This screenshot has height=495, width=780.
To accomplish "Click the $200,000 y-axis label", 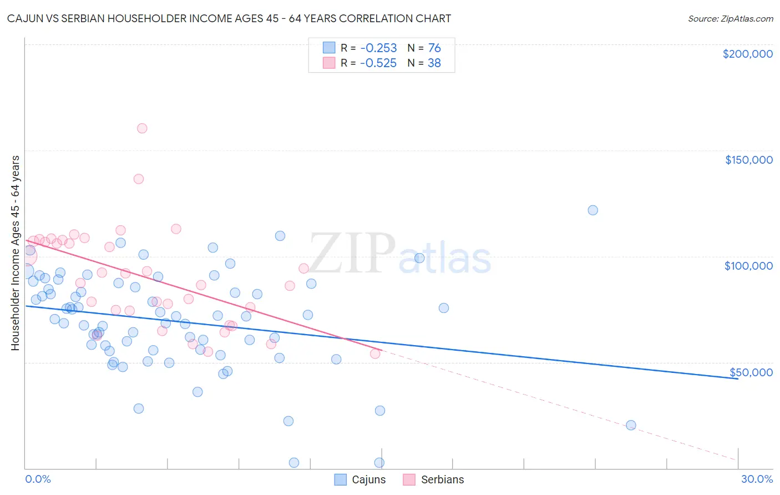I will (747, 54).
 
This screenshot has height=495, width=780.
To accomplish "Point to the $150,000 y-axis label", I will (748, 160).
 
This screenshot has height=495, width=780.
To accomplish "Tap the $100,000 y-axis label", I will (748, 266).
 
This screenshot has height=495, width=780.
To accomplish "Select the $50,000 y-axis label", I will (751, 372).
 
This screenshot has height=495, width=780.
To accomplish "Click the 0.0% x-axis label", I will (38, 479).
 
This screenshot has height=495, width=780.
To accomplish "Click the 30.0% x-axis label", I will (757, 479).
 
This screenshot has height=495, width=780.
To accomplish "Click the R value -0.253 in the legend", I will (378, 48).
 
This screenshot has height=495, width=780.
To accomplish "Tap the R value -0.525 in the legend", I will (378, 63).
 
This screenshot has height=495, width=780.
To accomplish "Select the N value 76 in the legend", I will (434, 48).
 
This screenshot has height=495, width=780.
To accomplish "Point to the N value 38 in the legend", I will (434, 63).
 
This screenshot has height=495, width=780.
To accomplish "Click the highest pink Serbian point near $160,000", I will (142, 128).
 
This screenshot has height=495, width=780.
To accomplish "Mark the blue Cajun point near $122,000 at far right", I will (592, 210).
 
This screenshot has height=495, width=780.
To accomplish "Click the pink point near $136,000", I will (139, 179).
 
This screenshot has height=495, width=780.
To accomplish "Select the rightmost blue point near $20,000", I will (631, 425).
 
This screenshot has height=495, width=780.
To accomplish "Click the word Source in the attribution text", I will (703, 18).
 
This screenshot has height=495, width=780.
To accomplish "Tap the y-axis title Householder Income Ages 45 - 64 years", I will (15, 252).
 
